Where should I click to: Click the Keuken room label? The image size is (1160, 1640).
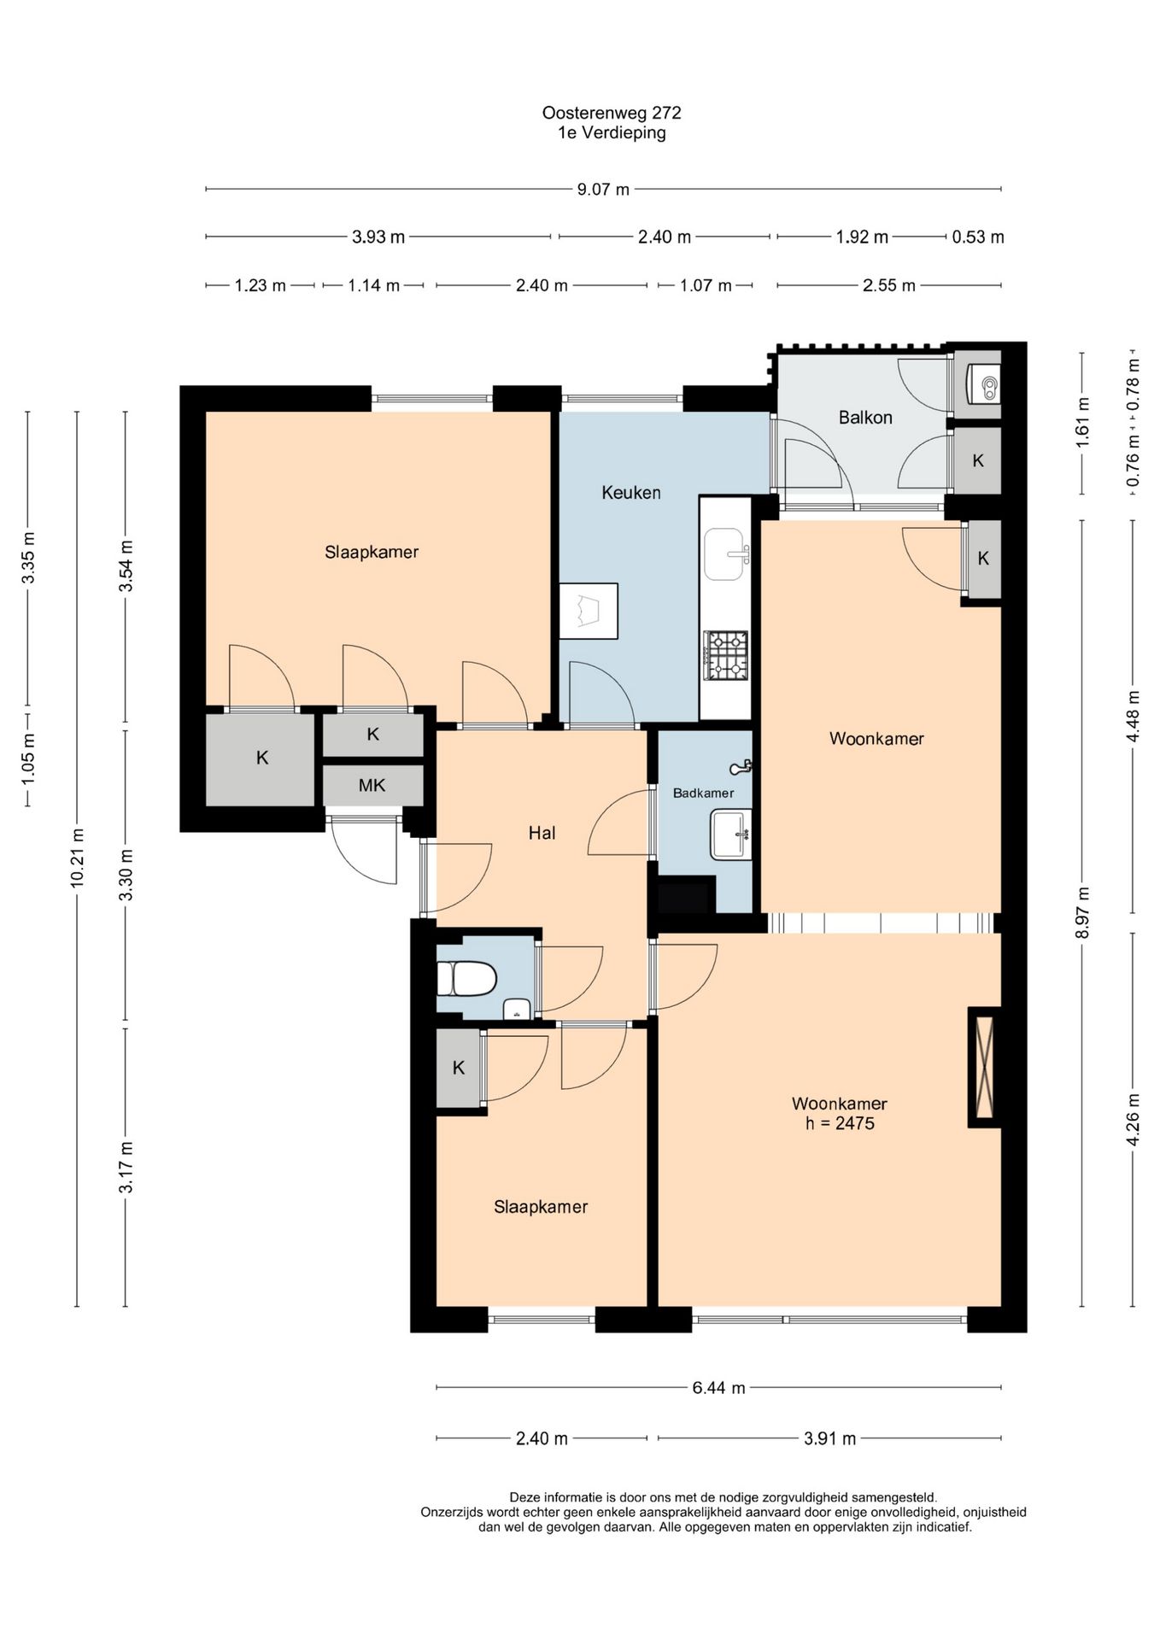pos(630,493)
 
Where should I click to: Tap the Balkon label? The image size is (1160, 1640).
pos(865,418)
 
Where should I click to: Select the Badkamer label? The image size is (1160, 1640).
pos(703,793)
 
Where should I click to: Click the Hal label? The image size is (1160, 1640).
pos(542,833)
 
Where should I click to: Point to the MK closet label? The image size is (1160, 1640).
pos(372,785)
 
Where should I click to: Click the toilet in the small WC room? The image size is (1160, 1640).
pos(466,979)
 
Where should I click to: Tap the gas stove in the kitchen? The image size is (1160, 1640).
pos(725,655)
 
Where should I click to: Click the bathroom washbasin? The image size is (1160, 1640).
pos(731,835)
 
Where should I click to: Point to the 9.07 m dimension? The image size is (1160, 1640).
pos(603,189)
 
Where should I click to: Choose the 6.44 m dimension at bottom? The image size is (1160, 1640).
pos(718,1388)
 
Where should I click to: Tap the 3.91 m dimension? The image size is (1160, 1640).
pos(829,1439)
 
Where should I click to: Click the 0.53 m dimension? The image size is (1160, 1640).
pos(978,237)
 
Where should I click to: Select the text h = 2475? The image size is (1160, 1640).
pos(840,1124)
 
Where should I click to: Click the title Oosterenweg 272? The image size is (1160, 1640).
pos(612,113)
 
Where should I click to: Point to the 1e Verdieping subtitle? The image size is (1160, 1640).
pos(612,133)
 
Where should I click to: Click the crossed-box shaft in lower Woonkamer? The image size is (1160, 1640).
pos(984,1067)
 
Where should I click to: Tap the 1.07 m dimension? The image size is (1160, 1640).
pos(706,285)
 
